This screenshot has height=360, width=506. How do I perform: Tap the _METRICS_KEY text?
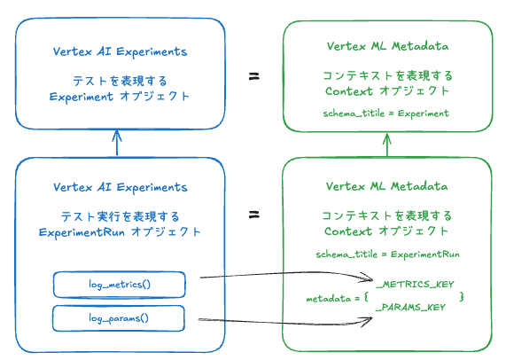tap(415, 284)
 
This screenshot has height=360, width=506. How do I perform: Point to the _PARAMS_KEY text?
tap(410, 307)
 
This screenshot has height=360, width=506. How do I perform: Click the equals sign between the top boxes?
tap(254, 76)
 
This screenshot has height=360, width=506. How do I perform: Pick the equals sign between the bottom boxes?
tap(254, 215)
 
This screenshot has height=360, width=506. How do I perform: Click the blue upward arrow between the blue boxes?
tap(117, 143)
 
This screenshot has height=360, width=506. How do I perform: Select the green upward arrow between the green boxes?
tap(387, 145)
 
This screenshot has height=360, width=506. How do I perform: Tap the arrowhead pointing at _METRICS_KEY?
tap(367, 278)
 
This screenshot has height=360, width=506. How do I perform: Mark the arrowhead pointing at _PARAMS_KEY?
tap(366, 321)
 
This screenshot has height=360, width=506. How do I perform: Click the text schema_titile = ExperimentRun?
tap(387, 254)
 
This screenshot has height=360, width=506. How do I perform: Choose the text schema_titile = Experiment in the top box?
tap(386, 113)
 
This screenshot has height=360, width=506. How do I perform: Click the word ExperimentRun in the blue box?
tap(82, 232)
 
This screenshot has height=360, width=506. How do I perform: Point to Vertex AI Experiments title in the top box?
tap(120, 51)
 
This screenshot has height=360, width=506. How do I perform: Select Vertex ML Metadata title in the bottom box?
tap(386, 186)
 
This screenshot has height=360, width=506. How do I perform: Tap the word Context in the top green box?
tap(349, 91)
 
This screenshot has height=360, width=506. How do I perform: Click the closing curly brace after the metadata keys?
tap(462, 296)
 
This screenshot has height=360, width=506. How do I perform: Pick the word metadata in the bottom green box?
tap(329, 299)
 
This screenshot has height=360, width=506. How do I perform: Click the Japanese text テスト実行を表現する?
tap(120, 216)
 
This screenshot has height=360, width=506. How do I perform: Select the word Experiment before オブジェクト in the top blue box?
tap(82, 97)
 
